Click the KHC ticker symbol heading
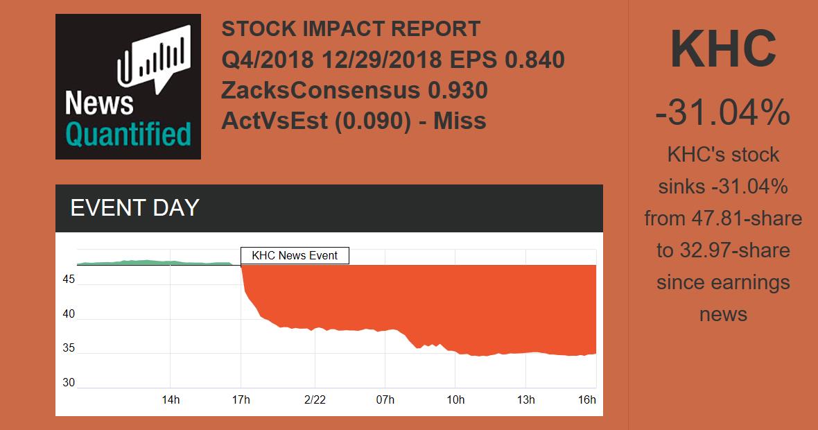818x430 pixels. [x=723, y=49]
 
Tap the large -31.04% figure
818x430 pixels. [x=723, y=112]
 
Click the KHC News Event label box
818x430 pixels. [x=295, y=255]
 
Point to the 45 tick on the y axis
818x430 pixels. [x=69, y=280]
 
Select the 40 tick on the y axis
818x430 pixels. [x=69, y=315]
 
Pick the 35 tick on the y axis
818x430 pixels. [x=69, y=349]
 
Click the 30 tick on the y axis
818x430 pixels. [x=69, y=383]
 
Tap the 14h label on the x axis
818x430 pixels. [x=171, y=400]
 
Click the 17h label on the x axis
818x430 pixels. [x=241, y=400]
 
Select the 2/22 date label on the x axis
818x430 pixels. [x=315, y=400]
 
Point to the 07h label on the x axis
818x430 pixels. [x=385, y=400]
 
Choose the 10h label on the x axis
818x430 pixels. [x=455, y=400]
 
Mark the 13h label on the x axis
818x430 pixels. [x=526, y=400]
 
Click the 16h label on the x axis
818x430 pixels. [x=586, y=400]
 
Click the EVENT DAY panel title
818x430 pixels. [x=135, y=208]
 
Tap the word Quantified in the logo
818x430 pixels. [x=128, y=134]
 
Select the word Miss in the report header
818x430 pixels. [x=460, y=121]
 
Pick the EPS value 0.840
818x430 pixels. [x=534, y=60]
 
